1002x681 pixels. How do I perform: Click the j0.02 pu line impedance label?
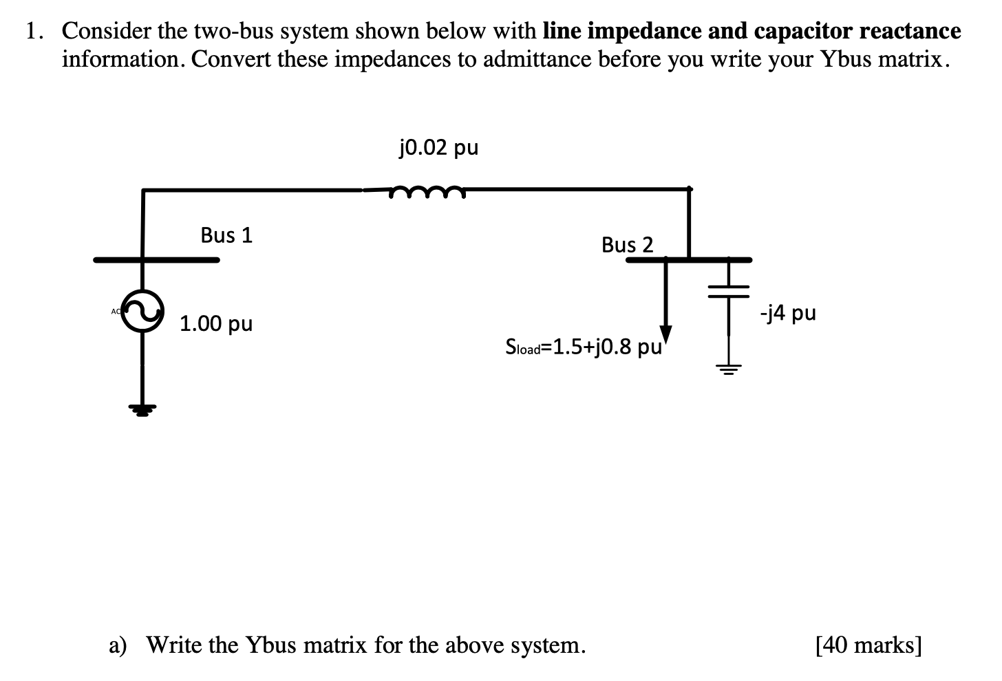click(438, 148)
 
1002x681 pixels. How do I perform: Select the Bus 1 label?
click(226, 235)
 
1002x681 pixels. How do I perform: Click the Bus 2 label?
click(627, 245)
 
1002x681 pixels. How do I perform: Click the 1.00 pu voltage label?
click(216, 323)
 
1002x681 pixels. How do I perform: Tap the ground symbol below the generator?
click(142, 411)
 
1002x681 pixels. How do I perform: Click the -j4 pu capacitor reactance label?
click(788, 314)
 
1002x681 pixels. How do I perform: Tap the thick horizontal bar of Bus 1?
click(157, 260)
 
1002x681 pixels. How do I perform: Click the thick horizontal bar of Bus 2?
click(688, 260)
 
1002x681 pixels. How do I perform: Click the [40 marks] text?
click(868, 645)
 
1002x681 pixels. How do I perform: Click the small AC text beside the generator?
click(116, 312)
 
